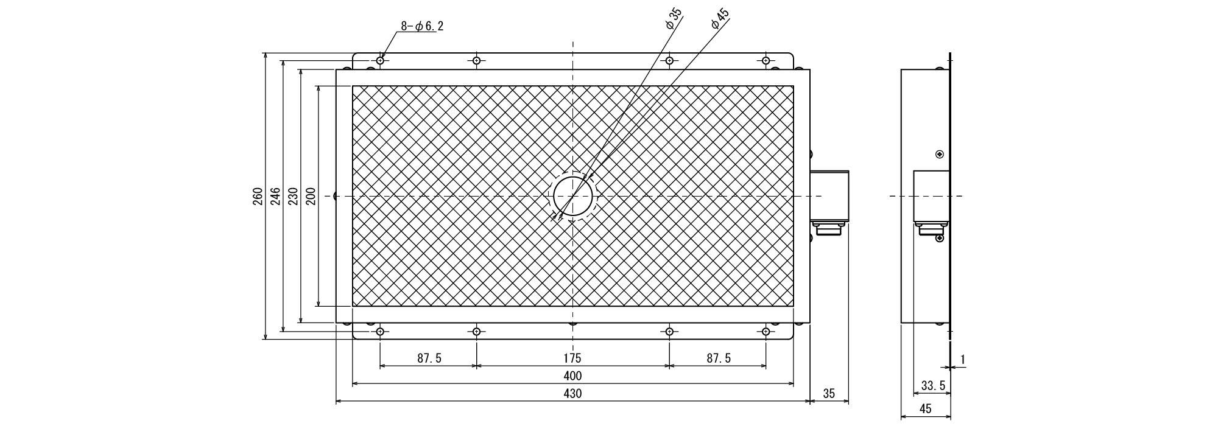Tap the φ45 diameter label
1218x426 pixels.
click(x=719, y=19)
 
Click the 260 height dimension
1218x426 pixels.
click(x=258, y=196)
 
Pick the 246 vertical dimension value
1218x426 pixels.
click(x=275, y=196)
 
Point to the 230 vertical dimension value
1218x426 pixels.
click(x=292, y=196)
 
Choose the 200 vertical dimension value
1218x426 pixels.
click(x=310, y=196)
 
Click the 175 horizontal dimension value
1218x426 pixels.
click(x=572, y=358)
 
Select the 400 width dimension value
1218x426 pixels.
click(x=572, y=375)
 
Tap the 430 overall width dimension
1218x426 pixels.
click(x=572, y=393)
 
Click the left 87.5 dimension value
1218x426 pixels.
click(x=429, y=358)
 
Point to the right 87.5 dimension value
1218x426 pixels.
click(x=718, y=358)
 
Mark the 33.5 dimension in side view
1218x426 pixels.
click(x=933, y=385)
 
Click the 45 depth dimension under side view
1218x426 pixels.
click(x=925, y=409)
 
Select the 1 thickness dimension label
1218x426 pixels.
click(x=962, y=360)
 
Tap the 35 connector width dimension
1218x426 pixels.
click(x=829, y=393)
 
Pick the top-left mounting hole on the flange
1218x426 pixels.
click(x=380, y=61)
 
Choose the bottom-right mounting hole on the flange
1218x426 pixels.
click(x=766, y=332)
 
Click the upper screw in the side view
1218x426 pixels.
click(x=940, y=154)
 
